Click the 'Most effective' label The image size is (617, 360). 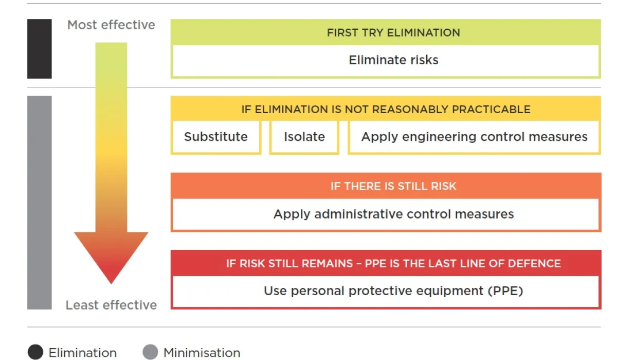111,25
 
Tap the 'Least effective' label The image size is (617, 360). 111,305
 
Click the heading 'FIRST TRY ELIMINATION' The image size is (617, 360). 393,33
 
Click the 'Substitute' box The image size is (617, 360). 216,137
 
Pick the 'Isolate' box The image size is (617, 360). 304,137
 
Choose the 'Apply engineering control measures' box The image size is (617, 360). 474,137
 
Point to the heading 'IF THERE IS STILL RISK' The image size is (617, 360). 393,186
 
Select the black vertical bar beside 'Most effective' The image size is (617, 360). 40,49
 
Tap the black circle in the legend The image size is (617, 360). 35,352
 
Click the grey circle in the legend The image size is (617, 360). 150,352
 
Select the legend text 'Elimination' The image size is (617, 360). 82,353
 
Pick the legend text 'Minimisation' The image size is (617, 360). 202,353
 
